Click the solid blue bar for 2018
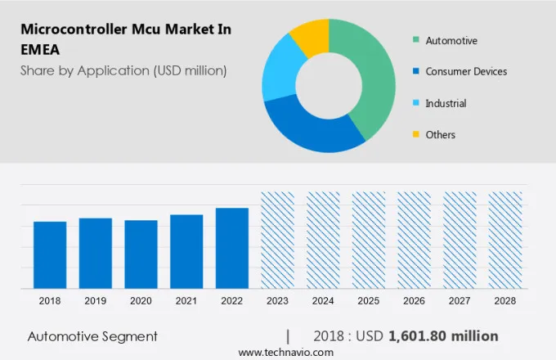click(x=50, y=254)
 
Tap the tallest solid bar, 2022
click(x=232, y=248)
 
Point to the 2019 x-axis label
click(x=95, y=301)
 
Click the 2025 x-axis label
click(x=368, y=301)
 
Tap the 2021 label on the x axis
click(x=186, y=301)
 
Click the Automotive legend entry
click(x=451, y=40)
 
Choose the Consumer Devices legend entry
click(x=465, y=71)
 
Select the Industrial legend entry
click(x=446, y=103)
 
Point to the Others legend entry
click(x=440, y=134)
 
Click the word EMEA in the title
click(x=41, y=49)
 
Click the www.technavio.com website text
click(x=286, y=352)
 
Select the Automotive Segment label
click(x=92, y=336)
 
